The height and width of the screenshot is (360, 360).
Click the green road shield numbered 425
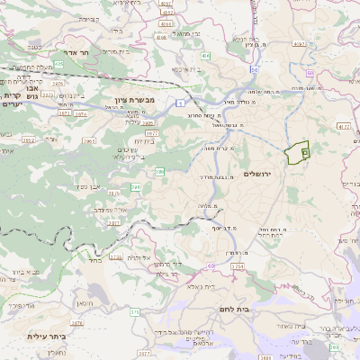pos(59,64)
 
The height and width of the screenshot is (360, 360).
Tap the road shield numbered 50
pos(255,69)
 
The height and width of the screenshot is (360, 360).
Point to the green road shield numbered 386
pos(160,170)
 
